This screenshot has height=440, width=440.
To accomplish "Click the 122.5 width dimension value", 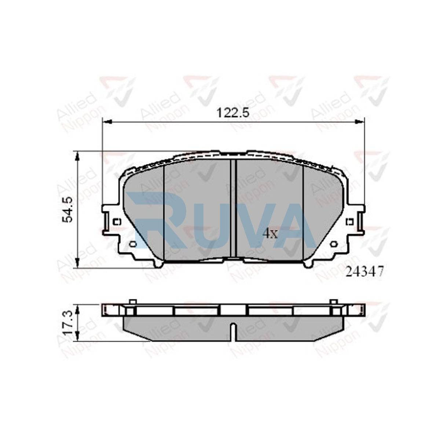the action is [232, 113].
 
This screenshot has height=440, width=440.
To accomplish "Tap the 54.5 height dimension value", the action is [67, 210].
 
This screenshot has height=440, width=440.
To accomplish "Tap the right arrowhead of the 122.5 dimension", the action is [359, 122].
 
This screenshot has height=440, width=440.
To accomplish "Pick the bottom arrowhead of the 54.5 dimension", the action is [78, 263].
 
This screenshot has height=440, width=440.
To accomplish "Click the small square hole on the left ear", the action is [117, 222].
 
